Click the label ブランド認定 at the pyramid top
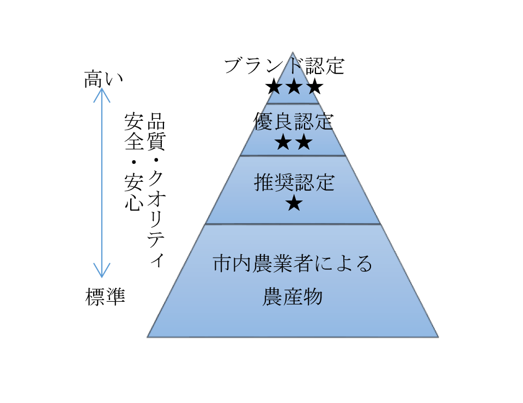[284, 66]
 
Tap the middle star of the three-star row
[294, 87]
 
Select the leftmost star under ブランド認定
[274, 87]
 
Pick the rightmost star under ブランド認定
[314, 87]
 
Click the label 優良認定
[293, 121]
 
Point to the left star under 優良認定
[283, 143]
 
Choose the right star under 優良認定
[303, 143]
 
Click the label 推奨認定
[294, 182]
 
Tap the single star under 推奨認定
[294, 204]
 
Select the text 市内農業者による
[293, 265]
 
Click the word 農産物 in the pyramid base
[293, 297]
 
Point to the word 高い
[104, 80]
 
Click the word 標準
[105, 297]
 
